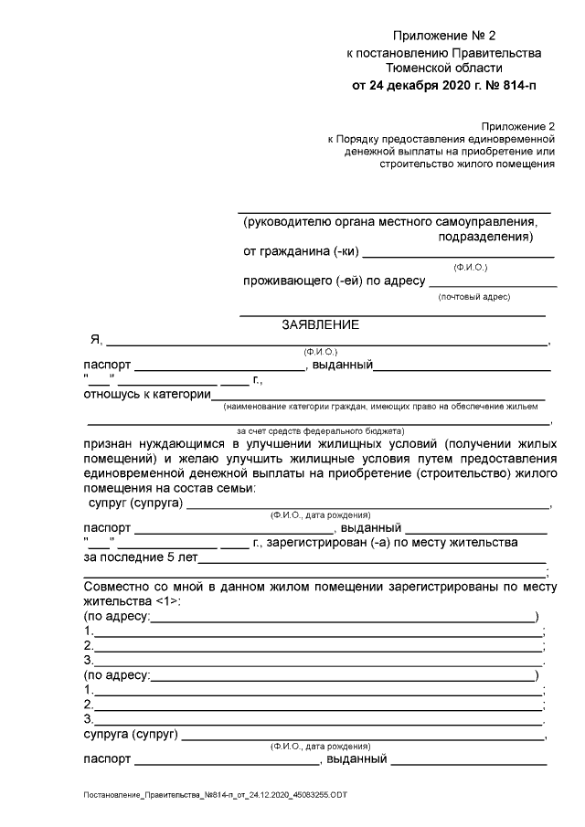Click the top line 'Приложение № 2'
pos(443,37)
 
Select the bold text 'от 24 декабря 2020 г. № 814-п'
pos(443,87)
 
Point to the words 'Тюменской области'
pos(443,69)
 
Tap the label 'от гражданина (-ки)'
pos(301,251)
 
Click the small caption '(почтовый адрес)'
pos(473,297)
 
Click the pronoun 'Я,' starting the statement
pos(94,340)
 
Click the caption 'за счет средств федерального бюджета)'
pos(320,430)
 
